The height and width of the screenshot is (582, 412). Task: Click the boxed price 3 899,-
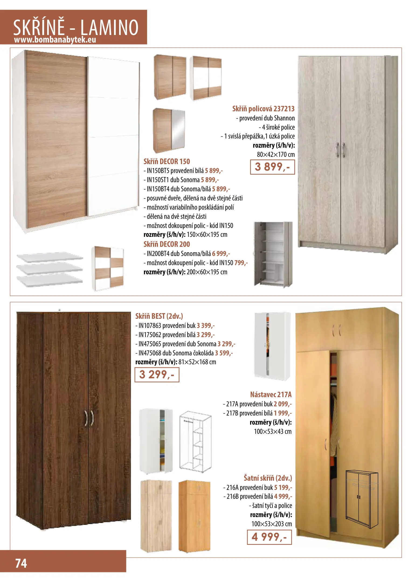click(272, 167)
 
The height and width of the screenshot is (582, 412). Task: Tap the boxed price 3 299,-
click(157, 375)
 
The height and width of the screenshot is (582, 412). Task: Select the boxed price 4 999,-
click(269, 537)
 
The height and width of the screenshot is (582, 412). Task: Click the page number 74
click(21, 563)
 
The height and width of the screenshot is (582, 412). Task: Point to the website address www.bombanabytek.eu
click(55, 40)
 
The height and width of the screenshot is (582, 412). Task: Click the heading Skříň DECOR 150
click(167, 161)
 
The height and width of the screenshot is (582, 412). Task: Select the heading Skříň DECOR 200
click(167, 244)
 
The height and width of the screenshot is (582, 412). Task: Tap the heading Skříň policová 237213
click(263, 109)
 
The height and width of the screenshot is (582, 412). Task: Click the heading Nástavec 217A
click(271, 394)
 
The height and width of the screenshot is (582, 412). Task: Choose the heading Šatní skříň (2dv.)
click(268, 478)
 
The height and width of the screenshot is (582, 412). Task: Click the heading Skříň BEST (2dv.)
click(159, 316)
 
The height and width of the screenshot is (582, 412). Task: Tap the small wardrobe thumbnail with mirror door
click(169, 130)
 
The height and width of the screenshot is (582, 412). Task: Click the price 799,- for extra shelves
click(241, 263)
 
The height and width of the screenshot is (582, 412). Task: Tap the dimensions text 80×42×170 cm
click(276, 154)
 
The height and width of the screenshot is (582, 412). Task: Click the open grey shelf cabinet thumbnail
click(273, 253)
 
